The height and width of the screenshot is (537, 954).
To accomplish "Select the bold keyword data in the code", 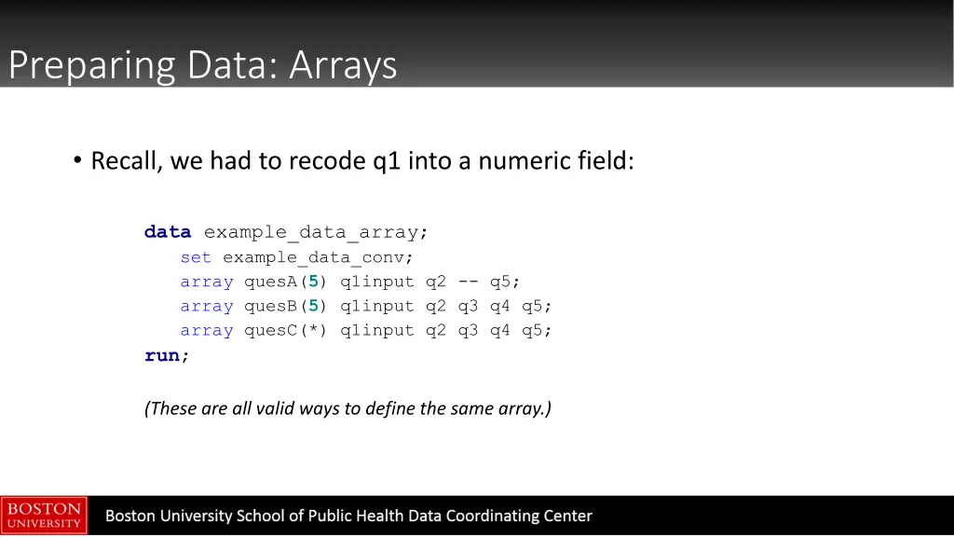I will (x=168, y=232).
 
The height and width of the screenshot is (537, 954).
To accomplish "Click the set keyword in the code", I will (x=196, y=257).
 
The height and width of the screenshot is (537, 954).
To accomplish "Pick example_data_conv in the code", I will (x=317, y=257).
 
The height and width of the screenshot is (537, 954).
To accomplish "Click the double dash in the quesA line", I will (x=468, y=282).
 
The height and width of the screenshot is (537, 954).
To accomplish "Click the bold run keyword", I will (x=162, y=355).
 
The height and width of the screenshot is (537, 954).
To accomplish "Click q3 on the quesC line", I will (x=468, y=330).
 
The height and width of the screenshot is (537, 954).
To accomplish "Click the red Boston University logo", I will (x=44, y=516).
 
